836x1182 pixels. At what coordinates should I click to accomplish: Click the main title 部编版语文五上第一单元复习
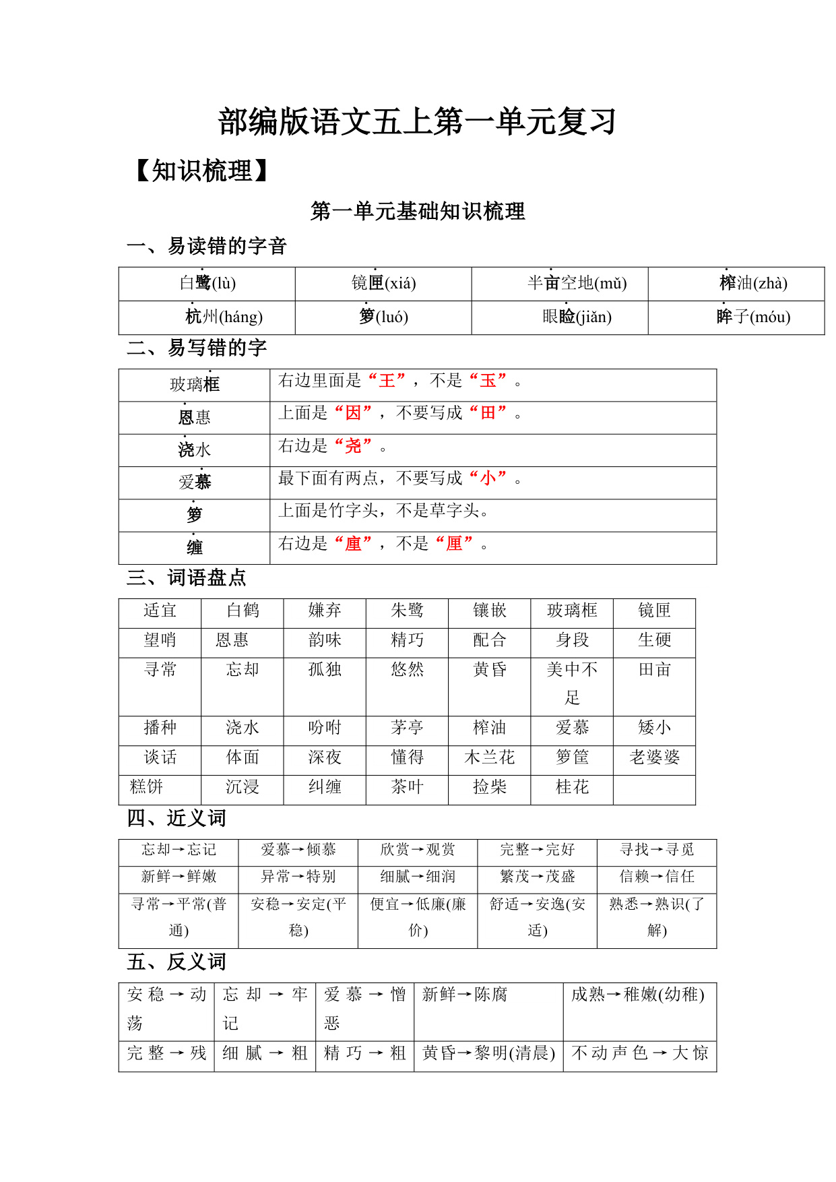click(417, 122)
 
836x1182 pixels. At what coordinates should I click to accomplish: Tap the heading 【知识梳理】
click(202, 171)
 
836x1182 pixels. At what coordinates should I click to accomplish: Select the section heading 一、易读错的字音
click(207, 246)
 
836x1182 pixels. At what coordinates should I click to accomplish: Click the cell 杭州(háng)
click(224, 317)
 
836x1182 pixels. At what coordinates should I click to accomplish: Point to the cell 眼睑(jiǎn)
click(577, 317)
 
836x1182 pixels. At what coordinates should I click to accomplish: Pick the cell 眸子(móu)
click(753, 317)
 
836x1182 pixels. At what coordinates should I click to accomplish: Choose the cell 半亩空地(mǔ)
click(577, 283)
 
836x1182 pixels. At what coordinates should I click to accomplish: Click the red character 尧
click(354, 446)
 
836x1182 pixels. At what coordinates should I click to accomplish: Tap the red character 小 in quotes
click(488, 478)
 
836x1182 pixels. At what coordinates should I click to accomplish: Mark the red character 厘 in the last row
click(454, 543)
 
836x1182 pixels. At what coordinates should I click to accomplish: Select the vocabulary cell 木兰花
click(490, 757)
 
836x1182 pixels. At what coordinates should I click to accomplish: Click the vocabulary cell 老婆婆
click(654, 757)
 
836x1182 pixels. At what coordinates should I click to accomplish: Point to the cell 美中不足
click(572, 683)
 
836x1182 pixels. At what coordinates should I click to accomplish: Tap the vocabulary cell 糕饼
click(147, 787)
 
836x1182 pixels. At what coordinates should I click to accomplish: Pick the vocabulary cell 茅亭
click(407, 728)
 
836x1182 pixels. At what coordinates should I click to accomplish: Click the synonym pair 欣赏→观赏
click(417, 850)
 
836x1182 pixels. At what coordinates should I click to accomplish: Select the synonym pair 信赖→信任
click(656, 877)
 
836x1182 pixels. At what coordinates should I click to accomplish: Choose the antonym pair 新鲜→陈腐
click(465, 995)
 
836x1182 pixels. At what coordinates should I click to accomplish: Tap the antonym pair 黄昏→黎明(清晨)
click(488, 1053)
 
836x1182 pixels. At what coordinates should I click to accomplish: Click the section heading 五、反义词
click(176, 962)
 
